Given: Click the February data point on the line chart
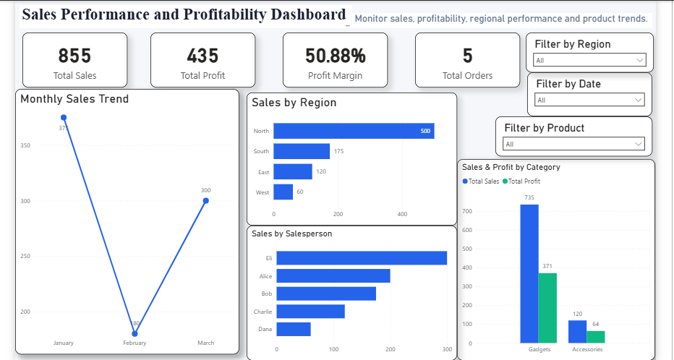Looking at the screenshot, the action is tap(135, 334).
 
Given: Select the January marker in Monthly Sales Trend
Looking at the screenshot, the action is tap(64, 118).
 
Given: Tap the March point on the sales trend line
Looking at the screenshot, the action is tap(206, 201).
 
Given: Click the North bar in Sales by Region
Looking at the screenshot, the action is tap(354, 131).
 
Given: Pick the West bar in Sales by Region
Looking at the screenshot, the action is tap(283, 192).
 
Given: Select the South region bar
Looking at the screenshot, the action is tap(302, 151).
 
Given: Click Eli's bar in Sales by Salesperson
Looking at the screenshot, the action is tap(362, 258).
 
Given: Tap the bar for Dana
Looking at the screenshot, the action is tap(294, 329).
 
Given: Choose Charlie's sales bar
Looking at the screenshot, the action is tap(310, 312).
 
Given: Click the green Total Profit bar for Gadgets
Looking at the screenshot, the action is tap(547, 308).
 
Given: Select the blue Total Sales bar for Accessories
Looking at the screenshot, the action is tap(577, 332).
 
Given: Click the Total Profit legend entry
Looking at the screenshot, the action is tap(521, 181).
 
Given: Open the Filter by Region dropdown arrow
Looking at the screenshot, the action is tap(640, 60).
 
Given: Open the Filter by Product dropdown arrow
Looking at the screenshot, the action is tap(639, 144).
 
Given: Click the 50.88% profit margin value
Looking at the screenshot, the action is tap(336, 56).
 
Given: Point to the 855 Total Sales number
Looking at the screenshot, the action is tap(74, 56).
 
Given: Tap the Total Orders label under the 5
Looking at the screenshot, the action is tap(467, 76).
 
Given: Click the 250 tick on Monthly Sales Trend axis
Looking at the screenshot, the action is tap(25, 256).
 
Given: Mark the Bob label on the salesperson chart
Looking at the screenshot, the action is tap(267, 293).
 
